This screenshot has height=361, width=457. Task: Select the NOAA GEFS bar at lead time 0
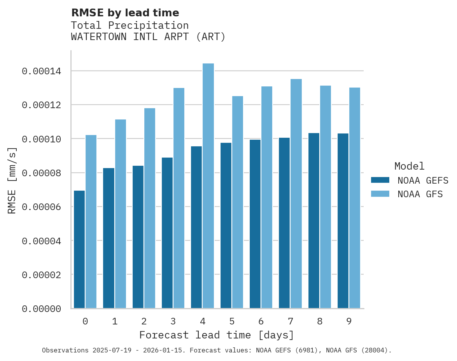click(79, 249)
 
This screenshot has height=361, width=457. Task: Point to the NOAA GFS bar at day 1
click(120, 214)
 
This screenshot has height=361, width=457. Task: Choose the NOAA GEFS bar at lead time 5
click(226, 226)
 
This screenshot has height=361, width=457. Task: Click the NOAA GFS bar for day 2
click(150, 208)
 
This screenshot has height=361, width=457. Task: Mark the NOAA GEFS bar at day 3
click(167, 233)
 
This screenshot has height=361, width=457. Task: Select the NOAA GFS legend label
click(420, 194)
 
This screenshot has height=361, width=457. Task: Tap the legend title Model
click(409, 166)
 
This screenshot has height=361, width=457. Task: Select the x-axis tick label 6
click(261, 321)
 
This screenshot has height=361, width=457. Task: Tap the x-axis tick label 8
click(320, 321)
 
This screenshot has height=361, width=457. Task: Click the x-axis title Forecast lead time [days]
click(217, 335)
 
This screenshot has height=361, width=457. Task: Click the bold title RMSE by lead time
click(125, 13)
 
